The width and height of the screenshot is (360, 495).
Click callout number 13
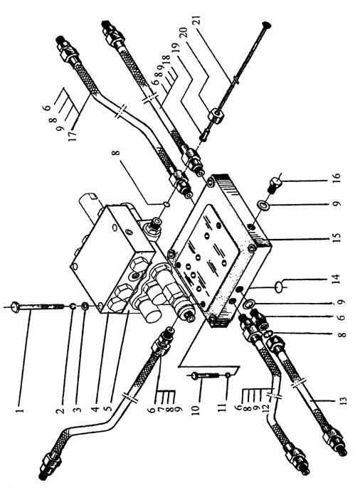[344, 400]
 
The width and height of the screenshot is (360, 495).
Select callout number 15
[337, 238]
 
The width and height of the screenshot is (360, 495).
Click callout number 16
[337, 179]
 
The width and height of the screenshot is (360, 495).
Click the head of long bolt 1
[15, 307]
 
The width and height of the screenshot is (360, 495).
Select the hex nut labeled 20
[216, 115]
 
